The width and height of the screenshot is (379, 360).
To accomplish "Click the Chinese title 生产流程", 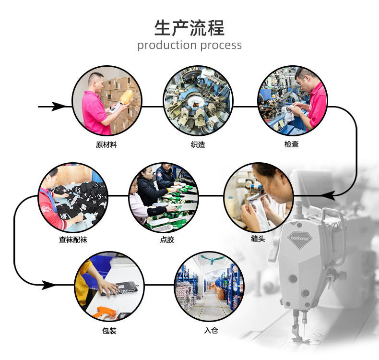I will (x=189, y=28).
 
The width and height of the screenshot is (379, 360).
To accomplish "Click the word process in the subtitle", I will (x=221, y=46).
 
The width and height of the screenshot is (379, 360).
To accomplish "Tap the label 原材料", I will (x=106, y=144).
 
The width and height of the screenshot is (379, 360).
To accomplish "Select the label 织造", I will (x=198, y=144).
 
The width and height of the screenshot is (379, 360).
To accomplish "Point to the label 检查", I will (x=291, y=144).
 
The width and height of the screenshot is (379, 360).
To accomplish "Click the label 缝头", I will (x=258, y=239).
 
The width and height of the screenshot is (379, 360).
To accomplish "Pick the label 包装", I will (x=109, y=331).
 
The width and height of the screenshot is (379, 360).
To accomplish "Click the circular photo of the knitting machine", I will (x=198, y=100).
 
